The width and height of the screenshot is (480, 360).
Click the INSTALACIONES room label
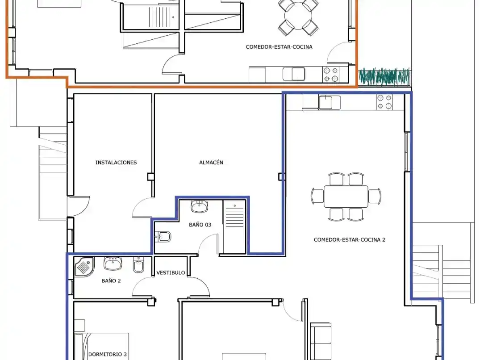coord(116,163)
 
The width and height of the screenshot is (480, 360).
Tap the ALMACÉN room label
coord(211,163)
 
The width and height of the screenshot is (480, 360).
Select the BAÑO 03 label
coord(200,225)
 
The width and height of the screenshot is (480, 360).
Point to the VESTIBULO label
coord(171,272)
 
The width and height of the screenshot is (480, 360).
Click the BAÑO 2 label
coord(111,280)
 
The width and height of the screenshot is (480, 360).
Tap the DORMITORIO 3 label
coord(108,354)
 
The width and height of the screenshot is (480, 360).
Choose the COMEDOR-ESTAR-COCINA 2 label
coord(349,240)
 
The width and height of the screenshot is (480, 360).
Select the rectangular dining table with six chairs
coord(346,196)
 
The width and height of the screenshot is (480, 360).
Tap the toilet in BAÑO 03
coord(163,237)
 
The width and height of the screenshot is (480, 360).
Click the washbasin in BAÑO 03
coord(200,206)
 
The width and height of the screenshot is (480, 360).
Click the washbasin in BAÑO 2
coord(113,264)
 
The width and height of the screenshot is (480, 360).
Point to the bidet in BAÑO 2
coord(139,265)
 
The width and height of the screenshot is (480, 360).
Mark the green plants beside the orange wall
coord(384,76)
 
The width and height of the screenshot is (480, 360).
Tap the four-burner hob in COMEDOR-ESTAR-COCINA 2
coord(384,102)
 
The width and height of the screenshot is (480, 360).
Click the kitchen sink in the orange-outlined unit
coord(294,74)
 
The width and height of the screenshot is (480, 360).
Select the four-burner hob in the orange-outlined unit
coord(331,75)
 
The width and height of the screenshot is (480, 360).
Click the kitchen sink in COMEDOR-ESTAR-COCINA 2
coord(330,102)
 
